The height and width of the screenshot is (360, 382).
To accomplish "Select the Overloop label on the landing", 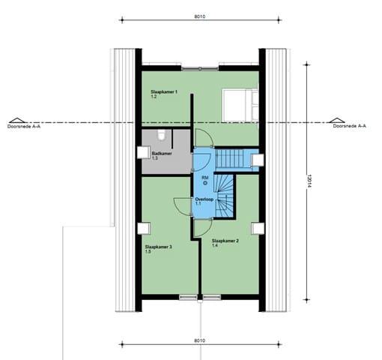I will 204,199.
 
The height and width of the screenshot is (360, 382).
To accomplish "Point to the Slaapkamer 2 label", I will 225,241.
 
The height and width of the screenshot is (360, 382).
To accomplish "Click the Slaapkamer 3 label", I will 159,246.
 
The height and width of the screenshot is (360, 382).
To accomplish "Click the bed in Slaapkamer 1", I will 239,104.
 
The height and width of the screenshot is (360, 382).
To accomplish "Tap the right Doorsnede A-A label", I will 349,127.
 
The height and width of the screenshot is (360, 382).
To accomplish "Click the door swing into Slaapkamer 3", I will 183,206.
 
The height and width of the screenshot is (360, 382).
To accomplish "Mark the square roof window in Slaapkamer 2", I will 257,228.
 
